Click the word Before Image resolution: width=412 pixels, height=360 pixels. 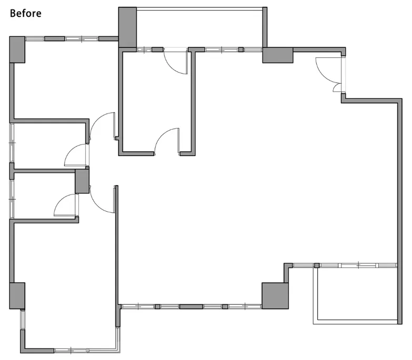pyautogui.click(x=25, y=13)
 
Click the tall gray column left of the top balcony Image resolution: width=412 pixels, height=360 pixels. pyautogui.click(x=127, y=27)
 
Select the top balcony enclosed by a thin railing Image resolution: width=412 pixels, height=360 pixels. pyautogui.click(x=200, y=28)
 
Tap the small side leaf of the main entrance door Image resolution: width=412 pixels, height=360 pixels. pyautogui.click(x=337, y=88)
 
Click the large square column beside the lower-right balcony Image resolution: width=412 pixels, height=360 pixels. pyautogui.click(x=275, y=295)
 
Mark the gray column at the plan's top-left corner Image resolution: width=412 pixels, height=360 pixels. pyautogui.click(x=17, y=49)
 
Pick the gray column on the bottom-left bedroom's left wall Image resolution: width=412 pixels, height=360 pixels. pyautogui.click(x=17, y=296)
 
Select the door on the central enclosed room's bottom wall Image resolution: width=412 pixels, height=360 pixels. pyautogui.click(x=167, y=141)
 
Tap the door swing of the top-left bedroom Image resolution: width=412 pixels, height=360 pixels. pyautogui.click(x=103, y=126)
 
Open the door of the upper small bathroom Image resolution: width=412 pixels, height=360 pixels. pyautogui.click(x=76, y=155)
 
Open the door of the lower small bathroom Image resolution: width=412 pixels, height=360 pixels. pyautogui.click(x=65, y=205)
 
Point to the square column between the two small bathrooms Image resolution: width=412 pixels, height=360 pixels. pyautogui.click(x=82, y=181)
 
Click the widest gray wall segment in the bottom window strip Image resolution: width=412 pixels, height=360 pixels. pyautogui.click(x=191, y=306)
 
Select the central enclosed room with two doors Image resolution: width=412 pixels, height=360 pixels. pyautogui.click(x=157, y=102)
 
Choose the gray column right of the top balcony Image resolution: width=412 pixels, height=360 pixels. pyautogui.click(x=278, y=55)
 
